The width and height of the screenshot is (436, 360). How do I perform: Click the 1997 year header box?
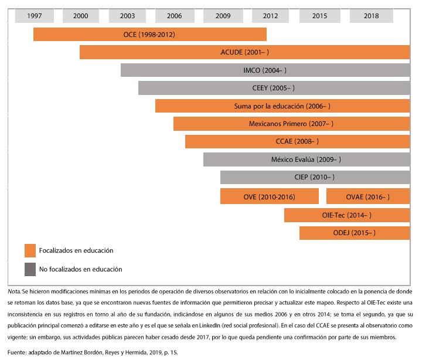[35, 16]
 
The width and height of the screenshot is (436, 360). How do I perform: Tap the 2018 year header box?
[371, 16]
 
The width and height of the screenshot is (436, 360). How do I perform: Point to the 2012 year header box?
[271, 16]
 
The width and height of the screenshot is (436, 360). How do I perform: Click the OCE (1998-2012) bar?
[149, 35]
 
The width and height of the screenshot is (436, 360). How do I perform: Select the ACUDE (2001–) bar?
[244, 52]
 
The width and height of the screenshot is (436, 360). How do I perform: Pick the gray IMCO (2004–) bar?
[265, 70]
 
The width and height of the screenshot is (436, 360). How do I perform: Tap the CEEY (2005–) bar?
[274, 88]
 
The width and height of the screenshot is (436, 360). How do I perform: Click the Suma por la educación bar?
[282, 106]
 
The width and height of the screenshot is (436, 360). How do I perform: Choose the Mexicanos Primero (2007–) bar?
[291, 124]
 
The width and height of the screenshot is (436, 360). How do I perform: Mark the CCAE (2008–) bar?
[297, 141]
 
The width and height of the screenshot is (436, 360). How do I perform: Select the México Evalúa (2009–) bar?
[306, 159]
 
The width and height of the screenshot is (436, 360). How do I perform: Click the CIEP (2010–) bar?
[315, 177]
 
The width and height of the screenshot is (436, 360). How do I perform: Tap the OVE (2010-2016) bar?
[269, 196]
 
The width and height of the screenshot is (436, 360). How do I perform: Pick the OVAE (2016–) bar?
[367, 196]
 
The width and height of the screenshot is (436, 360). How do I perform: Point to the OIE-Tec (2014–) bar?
[346, 215]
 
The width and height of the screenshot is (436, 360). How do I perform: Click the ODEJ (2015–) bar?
[354, 233]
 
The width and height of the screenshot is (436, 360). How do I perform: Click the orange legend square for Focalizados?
[30, 250]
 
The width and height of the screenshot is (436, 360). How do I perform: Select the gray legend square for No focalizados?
[30, 269]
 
